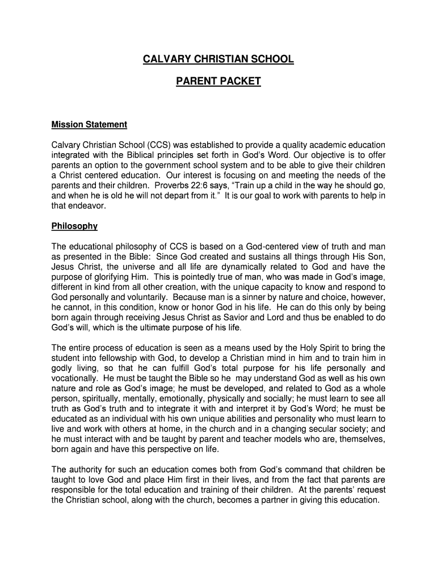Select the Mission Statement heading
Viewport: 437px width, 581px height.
pyautogui.click(x=89, y=124)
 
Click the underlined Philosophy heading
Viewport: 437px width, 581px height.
pyautogui.click(x=74, y=226)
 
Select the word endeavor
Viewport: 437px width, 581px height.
pyautogui.click(x=87, y=206)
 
